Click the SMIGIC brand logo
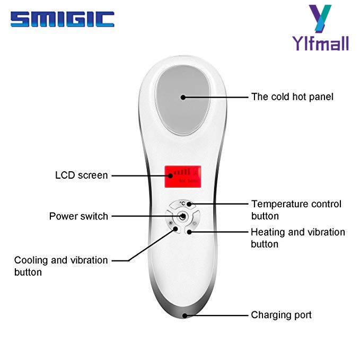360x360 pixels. point(62,20)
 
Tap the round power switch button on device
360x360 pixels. point(182,216)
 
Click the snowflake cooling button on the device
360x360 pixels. point(171,223)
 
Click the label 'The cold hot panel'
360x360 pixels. point(292,97)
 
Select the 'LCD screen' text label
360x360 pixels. point(81,175)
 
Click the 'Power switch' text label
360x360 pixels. point(78,216)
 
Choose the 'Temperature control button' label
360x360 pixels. point(296,210)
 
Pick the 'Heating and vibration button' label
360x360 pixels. point(297,238)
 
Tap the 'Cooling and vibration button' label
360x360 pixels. point(60,266)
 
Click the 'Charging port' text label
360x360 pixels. point(281,315)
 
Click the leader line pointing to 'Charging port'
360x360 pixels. point(217,315)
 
